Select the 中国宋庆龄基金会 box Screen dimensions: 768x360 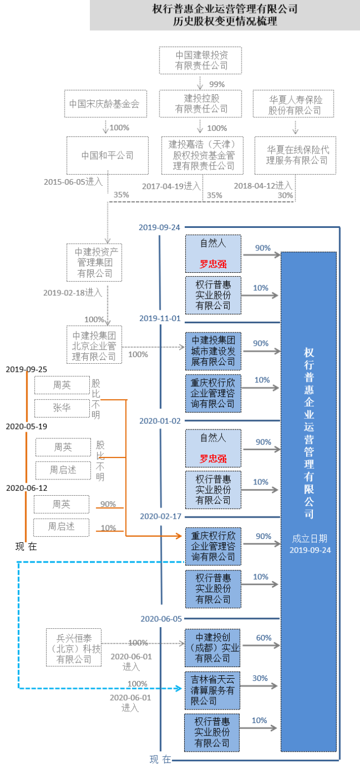coord(104,104)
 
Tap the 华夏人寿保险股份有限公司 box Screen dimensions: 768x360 coord(295,104)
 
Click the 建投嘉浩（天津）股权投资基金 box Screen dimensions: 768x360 coord(202,155)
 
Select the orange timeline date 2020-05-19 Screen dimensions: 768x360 coord(26,426)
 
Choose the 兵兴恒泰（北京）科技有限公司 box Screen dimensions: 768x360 coord(74,647)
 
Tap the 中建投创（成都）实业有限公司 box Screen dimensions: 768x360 coord(213,647)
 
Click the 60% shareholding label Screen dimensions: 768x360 coord(263,638)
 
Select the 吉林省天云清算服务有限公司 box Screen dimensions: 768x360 coord(213,689)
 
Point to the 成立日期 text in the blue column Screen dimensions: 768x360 coord(310,538)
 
